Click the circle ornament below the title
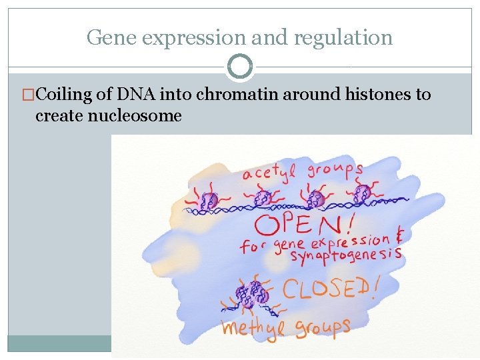240,67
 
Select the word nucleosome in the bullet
108,115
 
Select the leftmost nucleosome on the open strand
209,200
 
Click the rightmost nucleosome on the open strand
362,194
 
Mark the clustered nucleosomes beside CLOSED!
251,293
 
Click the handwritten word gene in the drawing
289,244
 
